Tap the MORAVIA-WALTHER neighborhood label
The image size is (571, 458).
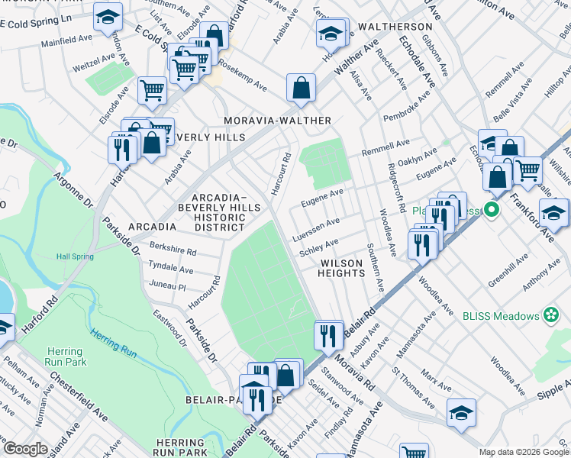277,121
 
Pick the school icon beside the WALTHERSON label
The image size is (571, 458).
332,34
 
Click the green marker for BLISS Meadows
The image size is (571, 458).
550,314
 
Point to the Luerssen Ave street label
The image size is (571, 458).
315,228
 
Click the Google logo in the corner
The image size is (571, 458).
25,449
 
